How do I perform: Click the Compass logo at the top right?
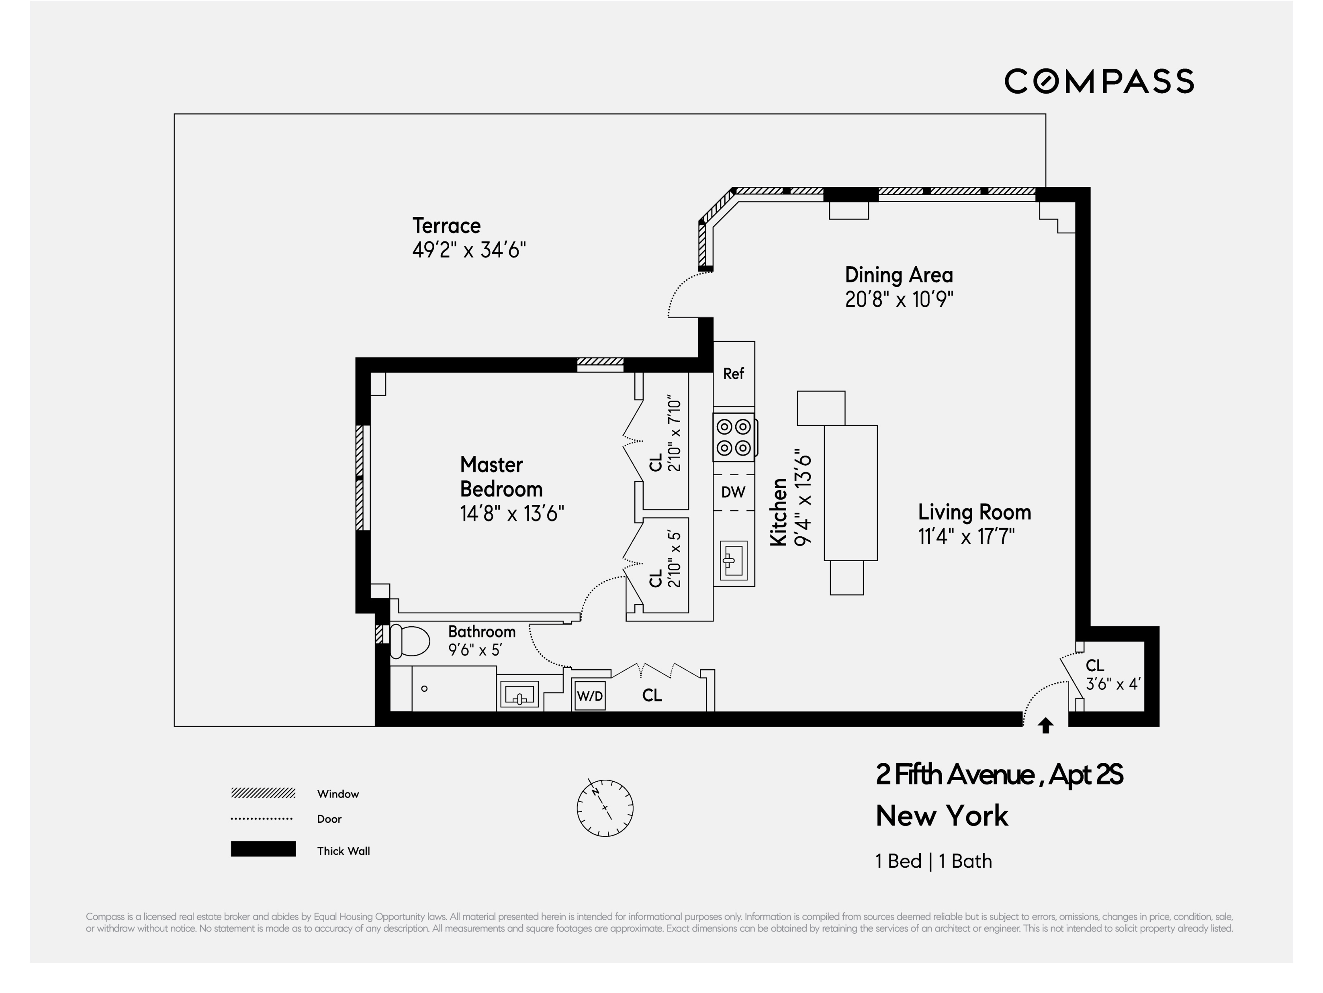pyautogui.click(x=1099, y=81)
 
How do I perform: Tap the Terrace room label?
pyautogui.click(x=446, y=226)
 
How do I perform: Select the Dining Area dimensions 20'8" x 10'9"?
pyautogui.click(x=898, y=299)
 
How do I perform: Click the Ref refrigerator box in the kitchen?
pyautogui.click(x=733, y=374)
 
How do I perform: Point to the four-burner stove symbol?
pyautogui.click(x=734, y=437)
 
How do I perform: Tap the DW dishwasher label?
pyautogui.click(x=733, y=492)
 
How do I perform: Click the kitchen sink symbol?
pyautogui.click(x=733, y=560)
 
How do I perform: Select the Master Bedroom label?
pyautogui.click(x=501, y=476)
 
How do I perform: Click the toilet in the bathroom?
pyautogui.click(x=410, y=641)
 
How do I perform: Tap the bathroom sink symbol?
pyautogui.click(x=519, y=695)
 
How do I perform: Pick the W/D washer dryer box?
pyautogui.click(x=590, y=696)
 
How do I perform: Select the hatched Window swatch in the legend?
pyautogui.click(x=263, y=793)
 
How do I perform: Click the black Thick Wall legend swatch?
pyautogui.click(x=263, y=849)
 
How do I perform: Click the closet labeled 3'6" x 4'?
pyautogui.click(x=1112, y=676)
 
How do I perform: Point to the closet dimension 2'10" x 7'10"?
pyautogui.click(x=675, y=433)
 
